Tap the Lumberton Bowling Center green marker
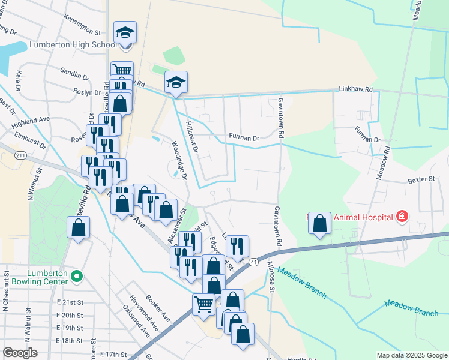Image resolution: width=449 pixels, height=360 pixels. pyautogui.click(x=76, y=277)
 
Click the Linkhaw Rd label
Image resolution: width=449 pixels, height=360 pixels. pyautogui.click(x=359, y=89)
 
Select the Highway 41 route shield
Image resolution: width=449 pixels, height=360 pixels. pyautogui.click(x=255, y=262)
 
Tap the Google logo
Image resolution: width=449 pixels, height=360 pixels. pyautogui.click(x=20, y=353)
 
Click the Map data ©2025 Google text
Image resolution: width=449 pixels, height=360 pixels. pyautogui.click(x=412, y=355)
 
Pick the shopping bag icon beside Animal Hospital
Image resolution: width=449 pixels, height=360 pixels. pyautogui.click(x=320, y=223)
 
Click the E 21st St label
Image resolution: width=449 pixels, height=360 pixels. pyautogui.click(x=67, y=304)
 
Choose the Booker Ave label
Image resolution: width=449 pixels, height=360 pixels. pyautogui.click(x=158, y=310)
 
